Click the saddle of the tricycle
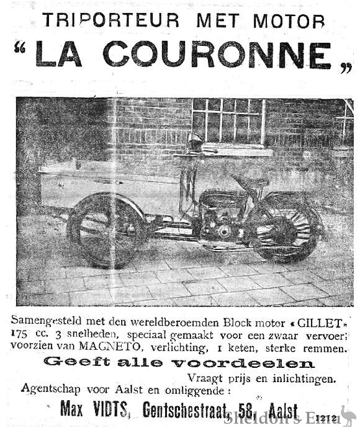(251, 181)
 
